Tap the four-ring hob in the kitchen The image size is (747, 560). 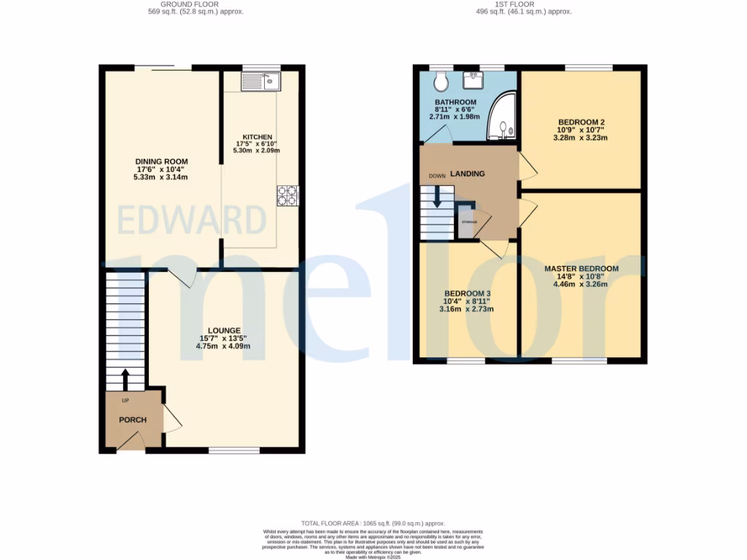point(287,195)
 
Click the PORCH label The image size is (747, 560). point(133,420)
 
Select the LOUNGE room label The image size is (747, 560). point(222,330)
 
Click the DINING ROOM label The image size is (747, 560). point(161,162)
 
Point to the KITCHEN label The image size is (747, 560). point(257,137)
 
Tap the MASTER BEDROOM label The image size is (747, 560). point(581,269)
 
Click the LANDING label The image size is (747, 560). point(467,174)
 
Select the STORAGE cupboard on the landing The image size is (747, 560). point(469,222)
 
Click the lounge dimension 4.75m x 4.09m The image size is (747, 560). point(222,346)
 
